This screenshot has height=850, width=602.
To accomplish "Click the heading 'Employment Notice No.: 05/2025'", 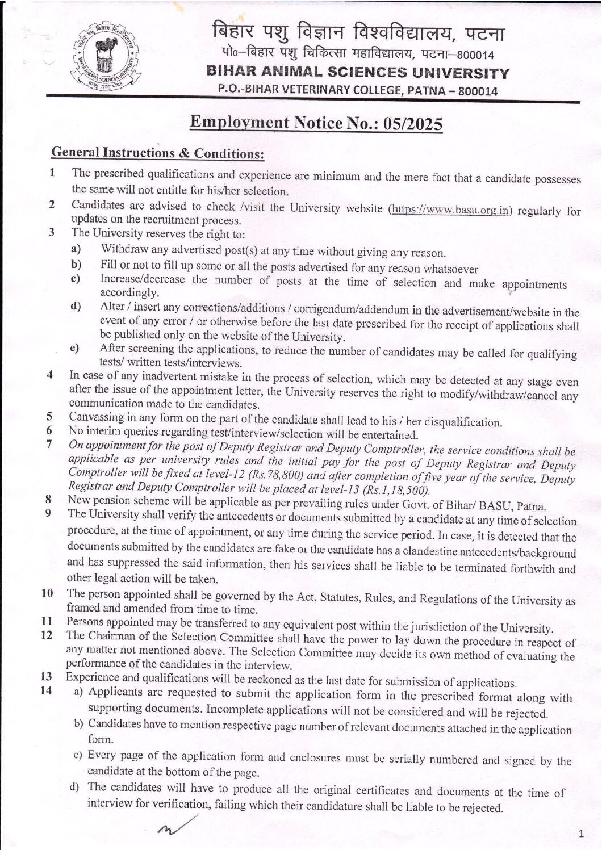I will [x=316, y=123].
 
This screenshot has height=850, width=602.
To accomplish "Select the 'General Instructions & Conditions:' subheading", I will [x=158, y=153].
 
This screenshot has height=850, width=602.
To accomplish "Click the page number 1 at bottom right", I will [x=580, y=833].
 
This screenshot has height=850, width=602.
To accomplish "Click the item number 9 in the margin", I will [x=49, y=514].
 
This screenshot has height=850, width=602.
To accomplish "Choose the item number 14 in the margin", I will [x=46, y=691].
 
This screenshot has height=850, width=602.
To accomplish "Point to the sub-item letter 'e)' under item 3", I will [x=74, y=348].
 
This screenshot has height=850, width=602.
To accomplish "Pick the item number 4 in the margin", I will [x=51, y=375].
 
